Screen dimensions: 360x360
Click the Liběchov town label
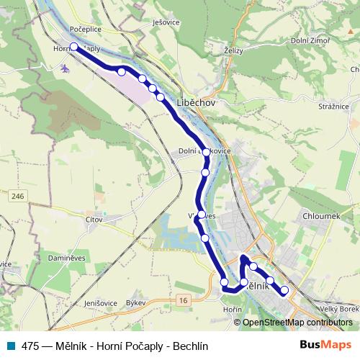click(x=196, y=104)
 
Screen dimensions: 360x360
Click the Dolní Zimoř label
click(x=311, y=40)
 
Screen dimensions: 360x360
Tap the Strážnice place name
click(x=333, y=107)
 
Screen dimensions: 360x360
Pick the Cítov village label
click(x=94, y=219)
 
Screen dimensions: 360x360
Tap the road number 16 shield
click(x=184, y=300)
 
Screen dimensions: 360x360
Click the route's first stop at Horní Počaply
click(x=73, y=47)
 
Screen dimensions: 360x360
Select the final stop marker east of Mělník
click(x=284, y=290)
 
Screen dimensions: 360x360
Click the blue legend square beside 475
click(x=12, y=345)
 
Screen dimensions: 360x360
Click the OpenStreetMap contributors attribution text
click(x=297, y=323)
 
